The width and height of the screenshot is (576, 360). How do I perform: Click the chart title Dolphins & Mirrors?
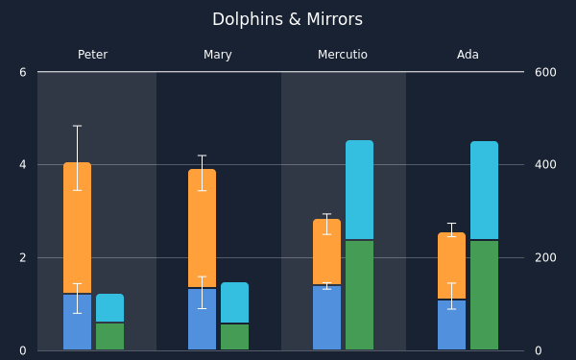coord(287,19)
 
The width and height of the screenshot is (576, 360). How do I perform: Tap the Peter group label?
coord(92,55)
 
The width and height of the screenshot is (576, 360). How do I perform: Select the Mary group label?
coord(218,55)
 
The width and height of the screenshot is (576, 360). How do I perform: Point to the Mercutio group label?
coord(343,55)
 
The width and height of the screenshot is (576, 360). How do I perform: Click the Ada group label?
coord(468,55)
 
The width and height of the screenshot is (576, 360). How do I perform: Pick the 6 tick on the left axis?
coord(23,72)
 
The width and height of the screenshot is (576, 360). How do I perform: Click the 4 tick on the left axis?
coord(23,164)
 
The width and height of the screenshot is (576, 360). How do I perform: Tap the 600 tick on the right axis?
coord(545,72)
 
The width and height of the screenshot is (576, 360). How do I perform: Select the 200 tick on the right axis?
coord(545,258)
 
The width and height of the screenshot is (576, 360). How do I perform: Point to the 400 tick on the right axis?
coord(545,164)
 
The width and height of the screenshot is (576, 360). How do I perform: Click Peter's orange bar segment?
coord(77,228)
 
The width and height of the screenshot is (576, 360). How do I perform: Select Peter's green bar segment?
coord(109,336)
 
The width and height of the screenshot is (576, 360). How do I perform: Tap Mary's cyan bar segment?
coord(235,302)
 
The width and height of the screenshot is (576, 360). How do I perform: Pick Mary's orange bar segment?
coord(202,228)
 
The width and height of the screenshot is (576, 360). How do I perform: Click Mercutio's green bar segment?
coord(360,295)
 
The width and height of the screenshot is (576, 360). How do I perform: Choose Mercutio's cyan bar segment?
coord(360,189)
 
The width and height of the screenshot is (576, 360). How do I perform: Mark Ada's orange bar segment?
coord(452,265)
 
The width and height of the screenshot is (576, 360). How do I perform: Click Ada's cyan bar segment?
coord(485,190)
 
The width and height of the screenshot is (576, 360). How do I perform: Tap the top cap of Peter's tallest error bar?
coord(77,126)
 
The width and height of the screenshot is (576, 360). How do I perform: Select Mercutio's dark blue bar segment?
coord(327,318)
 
